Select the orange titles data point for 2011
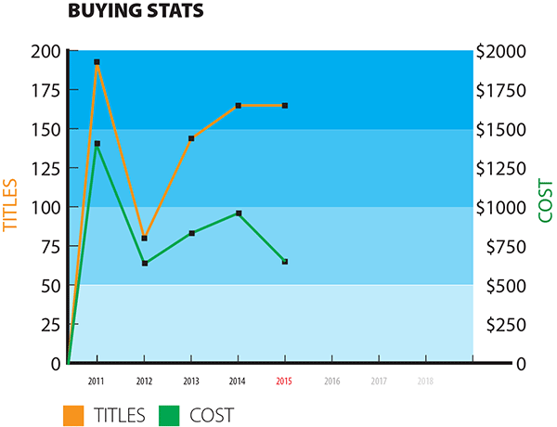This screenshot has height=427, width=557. coord(97,62)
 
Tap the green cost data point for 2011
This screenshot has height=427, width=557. coord(97,144)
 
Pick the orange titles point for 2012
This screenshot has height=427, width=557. coord(144,239)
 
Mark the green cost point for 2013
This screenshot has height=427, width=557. coord(191,233)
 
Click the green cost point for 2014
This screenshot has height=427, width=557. coord(239,213)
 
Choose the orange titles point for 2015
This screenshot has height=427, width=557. coord(285,106)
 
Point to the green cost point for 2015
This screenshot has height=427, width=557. coord(285,262)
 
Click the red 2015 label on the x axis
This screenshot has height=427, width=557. coord(285,381)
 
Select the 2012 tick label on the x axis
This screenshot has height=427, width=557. coord(144,381)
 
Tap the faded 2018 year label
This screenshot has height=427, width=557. coord(425,381)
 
